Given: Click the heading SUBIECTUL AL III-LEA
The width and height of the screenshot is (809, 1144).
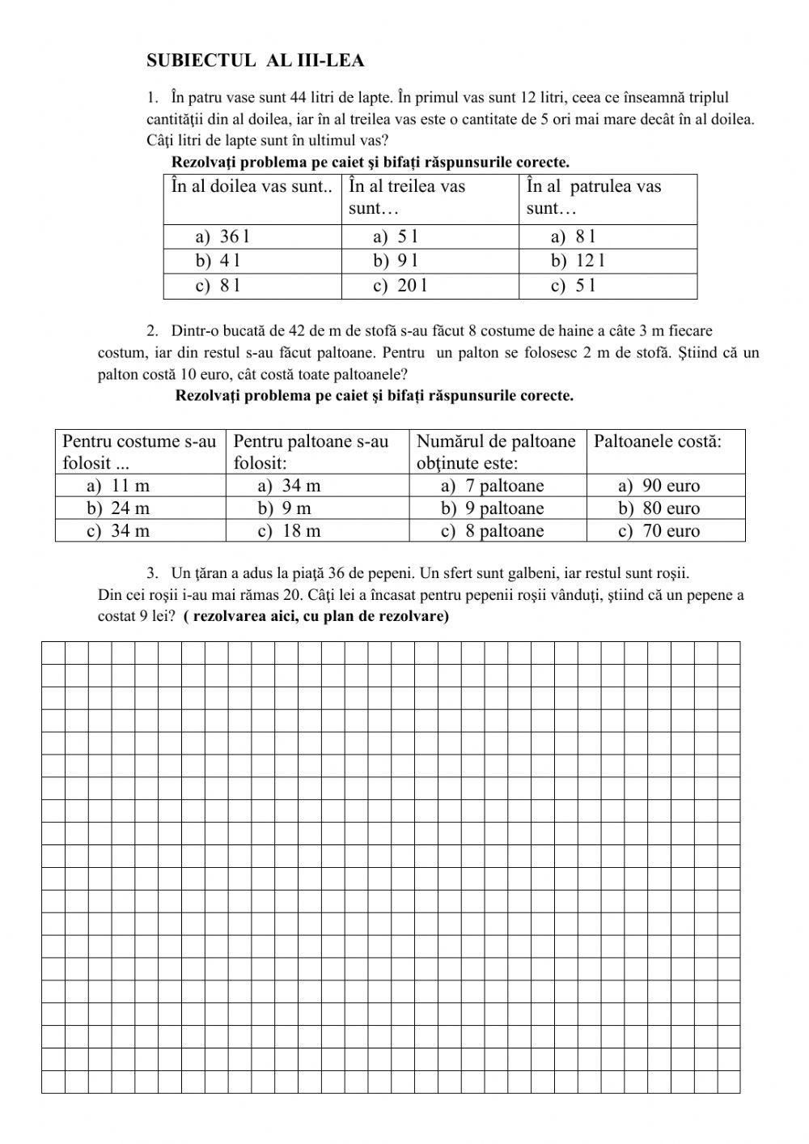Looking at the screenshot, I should [x=256, y=61].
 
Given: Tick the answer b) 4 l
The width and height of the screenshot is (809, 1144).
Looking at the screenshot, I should [x=218, y=261].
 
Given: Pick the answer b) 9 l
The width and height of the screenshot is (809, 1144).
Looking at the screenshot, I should [x=396, y=261].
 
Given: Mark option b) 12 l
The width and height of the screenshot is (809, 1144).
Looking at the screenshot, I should [x=578, y=261].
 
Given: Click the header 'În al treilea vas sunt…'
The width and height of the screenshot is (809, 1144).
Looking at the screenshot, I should [x=407, y=197].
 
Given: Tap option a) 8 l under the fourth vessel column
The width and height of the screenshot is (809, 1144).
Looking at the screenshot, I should [x=573, y=236].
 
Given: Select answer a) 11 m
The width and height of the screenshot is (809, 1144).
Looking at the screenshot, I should [x=118, y=486].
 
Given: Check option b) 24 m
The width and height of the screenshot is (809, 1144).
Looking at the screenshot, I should [x=118, y=508].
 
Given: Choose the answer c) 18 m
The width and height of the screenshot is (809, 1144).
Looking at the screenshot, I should [x=290, y=531].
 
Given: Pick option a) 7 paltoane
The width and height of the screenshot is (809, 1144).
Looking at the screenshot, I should [x=493, y=486].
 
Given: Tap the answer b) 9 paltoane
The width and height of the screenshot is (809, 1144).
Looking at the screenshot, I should [x=493, y=508].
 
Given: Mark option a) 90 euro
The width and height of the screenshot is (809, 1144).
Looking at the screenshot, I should [x=659, y=486].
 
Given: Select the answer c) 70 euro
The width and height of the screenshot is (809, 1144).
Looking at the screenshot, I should [x=659, y=531].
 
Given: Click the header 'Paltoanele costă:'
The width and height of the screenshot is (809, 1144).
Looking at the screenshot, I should [x=657, y=441].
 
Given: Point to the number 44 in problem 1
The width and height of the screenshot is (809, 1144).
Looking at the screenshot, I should [x=298, y=98].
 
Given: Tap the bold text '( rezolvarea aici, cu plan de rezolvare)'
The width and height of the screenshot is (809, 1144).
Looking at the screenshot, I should [x=316, y=616].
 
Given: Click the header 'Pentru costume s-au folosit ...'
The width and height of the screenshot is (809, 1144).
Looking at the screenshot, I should [x=139, y=452].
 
